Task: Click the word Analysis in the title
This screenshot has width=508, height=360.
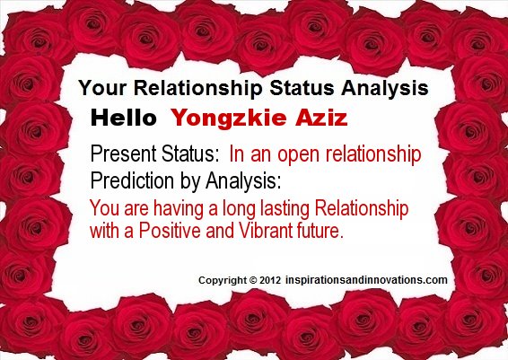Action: (x=384, y=89)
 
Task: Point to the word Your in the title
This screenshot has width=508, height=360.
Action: (x=99, y=89)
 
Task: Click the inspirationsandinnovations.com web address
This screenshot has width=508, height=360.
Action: (x=366, y=279)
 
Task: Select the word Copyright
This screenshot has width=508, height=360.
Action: (x=219, y=279)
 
